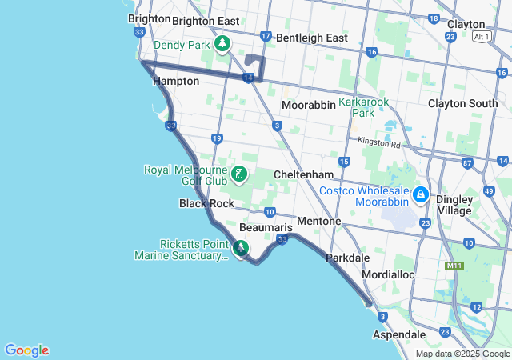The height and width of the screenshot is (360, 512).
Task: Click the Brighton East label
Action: coord(206,20)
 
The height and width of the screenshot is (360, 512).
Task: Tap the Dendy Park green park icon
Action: coord(223,45)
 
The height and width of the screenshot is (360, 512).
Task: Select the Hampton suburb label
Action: coord(175,81)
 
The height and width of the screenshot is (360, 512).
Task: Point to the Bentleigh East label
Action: coord(314,38)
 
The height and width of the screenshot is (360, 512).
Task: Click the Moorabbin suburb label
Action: coord(309,105)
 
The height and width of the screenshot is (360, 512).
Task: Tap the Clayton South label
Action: coord(462,103)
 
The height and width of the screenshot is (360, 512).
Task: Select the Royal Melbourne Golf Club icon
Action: coord(238,174)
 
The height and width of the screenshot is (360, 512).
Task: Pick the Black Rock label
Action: coord(206,203)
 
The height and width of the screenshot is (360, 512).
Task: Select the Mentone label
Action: coord(318,221)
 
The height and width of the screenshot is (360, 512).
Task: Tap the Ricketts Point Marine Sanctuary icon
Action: coord(241,250)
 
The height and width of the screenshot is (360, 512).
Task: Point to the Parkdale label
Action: coord(348,258)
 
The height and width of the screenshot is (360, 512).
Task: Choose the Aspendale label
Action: coord(399,334)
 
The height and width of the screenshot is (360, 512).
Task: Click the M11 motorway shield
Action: coord(455,266)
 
